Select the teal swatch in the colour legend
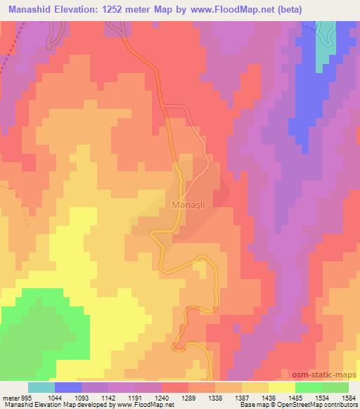(x=41, y=387)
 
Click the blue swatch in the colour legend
(x=68, y=387)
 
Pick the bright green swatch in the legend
(x=308, y=387)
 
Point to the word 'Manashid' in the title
(x=27, y=9)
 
